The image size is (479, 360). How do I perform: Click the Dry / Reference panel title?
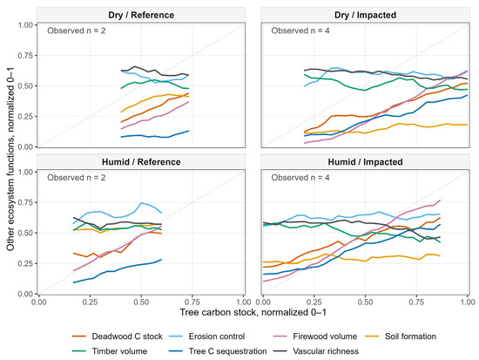141,15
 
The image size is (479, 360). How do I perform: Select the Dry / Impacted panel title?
366,15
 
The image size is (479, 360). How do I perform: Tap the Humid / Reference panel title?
141,162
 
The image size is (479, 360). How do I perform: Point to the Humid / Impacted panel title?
366,162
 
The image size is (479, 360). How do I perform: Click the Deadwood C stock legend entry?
118,336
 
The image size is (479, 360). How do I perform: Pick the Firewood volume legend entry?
314,336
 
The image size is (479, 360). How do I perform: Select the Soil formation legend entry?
401,336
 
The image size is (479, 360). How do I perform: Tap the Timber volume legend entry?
110,351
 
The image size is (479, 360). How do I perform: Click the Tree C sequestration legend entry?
218,351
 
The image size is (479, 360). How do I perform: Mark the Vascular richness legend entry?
315,351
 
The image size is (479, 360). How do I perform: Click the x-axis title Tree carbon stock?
253,312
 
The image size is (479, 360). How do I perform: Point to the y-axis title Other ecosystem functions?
10,159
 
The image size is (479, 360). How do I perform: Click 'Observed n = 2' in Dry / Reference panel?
77,31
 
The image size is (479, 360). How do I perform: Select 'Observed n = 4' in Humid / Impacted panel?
300,178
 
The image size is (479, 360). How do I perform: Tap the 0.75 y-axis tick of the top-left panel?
25,56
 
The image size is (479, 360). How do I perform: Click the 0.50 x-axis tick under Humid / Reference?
141,302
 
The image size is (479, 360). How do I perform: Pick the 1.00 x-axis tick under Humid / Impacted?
468,302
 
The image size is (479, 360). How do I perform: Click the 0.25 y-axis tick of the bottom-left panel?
25,263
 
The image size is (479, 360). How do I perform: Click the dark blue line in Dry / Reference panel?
155,136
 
